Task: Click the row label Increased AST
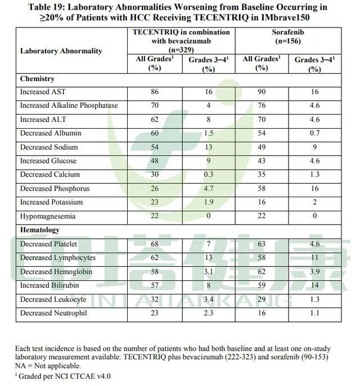[43, 92]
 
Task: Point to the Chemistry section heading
[37, 79]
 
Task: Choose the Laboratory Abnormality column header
[61, 51]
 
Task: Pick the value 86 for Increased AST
[154, 92]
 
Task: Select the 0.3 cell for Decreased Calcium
[208, 175]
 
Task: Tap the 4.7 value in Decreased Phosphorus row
[208, 189]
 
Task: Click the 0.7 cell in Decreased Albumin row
[314, 133]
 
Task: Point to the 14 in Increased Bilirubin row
[314, 285]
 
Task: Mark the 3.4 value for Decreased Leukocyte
[208, 299]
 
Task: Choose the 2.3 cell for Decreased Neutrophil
[208, 313]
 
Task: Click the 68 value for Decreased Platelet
[154, 244]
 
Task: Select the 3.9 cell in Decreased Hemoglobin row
[314, 271]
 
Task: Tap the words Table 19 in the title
[55, 7]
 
